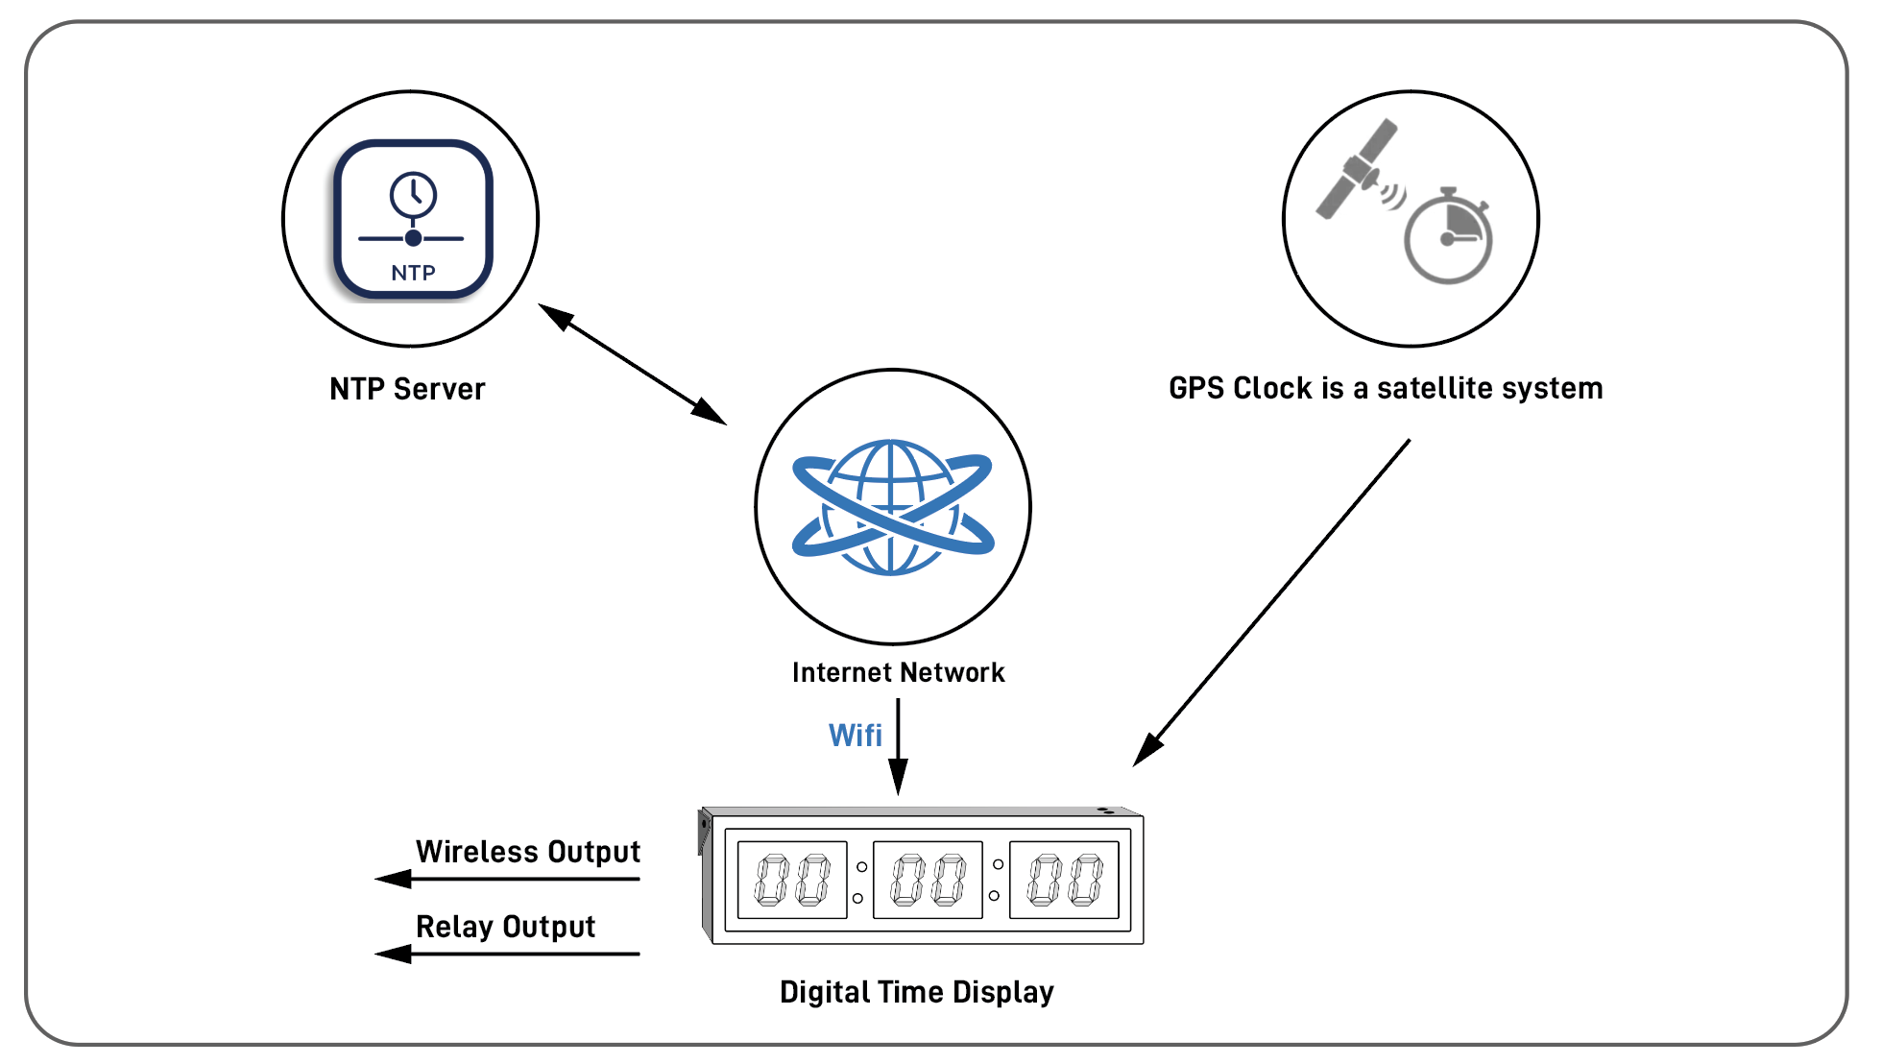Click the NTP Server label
click(407, 389)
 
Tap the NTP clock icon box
click(413, 220)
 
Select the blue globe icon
click(893, 507)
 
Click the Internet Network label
click(898, 672)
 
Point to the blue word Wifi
click(855, 736)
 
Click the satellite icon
click(1358, 170)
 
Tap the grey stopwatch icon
click(1448, 237)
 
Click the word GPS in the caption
click(1197, 388)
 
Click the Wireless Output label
click(527, 852)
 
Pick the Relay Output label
click(505, 927)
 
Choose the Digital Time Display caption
click(916, 992)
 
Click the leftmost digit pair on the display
click(792, 881)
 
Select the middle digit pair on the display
click(928, 881)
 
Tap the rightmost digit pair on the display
click(1064, 881)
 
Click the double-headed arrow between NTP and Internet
click(632, 364)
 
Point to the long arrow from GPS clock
click(1272, 602)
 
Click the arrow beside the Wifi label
click(898, 746)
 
